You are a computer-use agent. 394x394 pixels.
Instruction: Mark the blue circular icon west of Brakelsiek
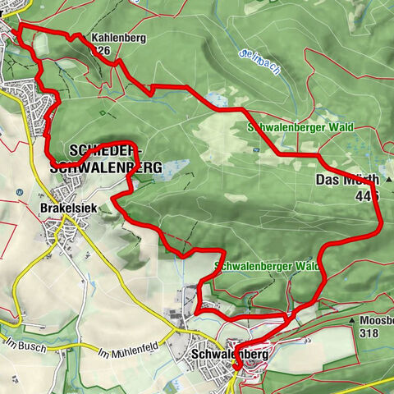pos(19,192)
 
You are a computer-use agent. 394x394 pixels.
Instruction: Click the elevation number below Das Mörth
pos(369,196)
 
